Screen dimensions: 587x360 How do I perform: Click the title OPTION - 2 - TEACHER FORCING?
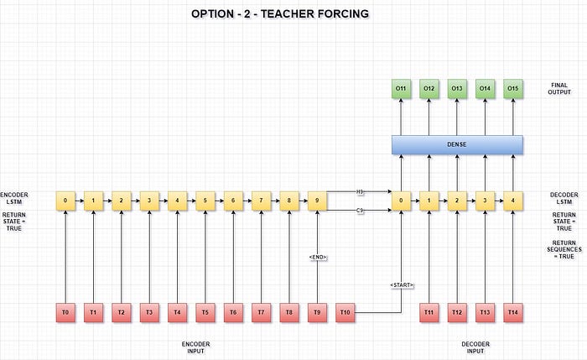(x=279, y=13)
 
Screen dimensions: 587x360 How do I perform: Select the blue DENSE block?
(x=457, y=144)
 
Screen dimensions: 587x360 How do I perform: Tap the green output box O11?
(x=402, y=87)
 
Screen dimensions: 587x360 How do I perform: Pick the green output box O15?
(x=513, y=87)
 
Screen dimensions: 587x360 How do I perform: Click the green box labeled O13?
(x=457, y=87)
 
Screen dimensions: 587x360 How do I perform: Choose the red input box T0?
(x=65, y=312)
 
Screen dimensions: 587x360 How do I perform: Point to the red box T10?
(x=345, y=312)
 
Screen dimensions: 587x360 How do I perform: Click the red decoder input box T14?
(x=513, y=312)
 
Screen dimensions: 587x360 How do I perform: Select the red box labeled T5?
(x=205, y=312)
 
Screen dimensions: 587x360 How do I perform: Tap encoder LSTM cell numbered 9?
(x=317, y=201)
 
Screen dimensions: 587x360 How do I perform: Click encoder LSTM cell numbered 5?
(x=205, y=201)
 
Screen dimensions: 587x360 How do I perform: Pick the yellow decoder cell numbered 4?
(x=513, y=201)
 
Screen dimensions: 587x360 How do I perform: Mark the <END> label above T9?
(x=317, y=257)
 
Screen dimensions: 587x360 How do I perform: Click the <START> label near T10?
(x=402, y=286)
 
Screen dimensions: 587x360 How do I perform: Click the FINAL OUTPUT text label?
(x=559, y=87)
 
